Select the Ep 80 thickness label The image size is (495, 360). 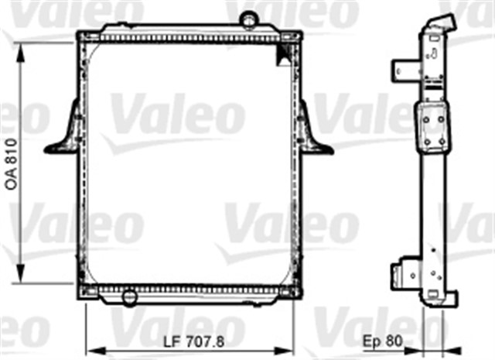(383, 339)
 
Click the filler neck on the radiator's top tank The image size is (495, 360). (248, 19)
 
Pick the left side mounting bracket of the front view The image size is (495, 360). (65, 132)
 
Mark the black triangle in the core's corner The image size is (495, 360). (282, 53)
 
